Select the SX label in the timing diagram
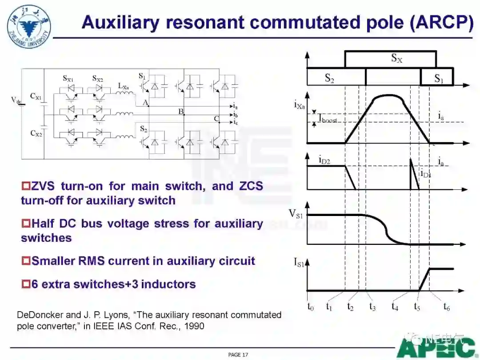point(396,58)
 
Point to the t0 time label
point(310,307)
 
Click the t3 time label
point(372,307)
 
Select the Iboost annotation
point(328,119)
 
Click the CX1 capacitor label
point(36,96)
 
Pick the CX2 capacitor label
point(36,133)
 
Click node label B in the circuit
point(181,111)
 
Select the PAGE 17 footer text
point(238,354)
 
